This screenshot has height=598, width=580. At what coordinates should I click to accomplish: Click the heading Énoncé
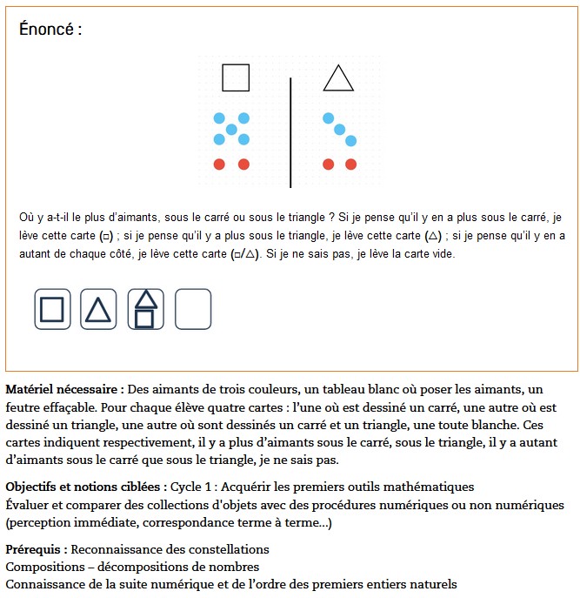(50, 29)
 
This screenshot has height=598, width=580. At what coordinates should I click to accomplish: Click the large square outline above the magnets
(236, 77)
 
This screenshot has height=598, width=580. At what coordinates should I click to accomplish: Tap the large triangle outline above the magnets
(338, 78)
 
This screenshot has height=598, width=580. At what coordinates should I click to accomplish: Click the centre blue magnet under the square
(231, 129)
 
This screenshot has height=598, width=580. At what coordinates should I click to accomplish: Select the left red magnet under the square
(219, 164)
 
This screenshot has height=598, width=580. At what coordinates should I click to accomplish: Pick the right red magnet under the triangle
(351, 164)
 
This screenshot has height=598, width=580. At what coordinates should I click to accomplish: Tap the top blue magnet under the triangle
(328, 118)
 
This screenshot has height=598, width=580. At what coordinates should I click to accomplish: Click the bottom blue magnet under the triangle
(351, 140)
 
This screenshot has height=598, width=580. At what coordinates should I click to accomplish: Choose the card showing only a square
(52, 309)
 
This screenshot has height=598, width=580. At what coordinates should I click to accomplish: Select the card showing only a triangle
(98, 309)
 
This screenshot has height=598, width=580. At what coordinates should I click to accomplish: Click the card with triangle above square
(145, 309)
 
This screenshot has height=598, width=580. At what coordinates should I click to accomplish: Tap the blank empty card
(193, 309)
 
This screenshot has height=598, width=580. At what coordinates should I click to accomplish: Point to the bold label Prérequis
(36, 549)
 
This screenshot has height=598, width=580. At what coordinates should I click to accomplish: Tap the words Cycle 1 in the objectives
(195, 486)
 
